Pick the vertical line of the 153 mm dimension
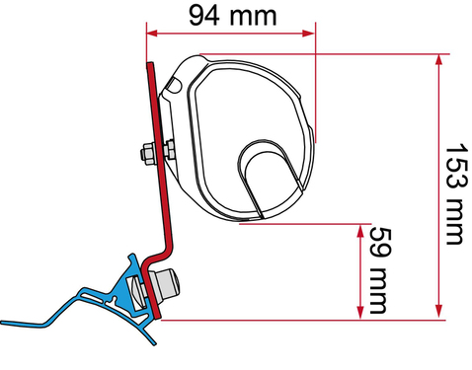(x=435, y=187)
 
